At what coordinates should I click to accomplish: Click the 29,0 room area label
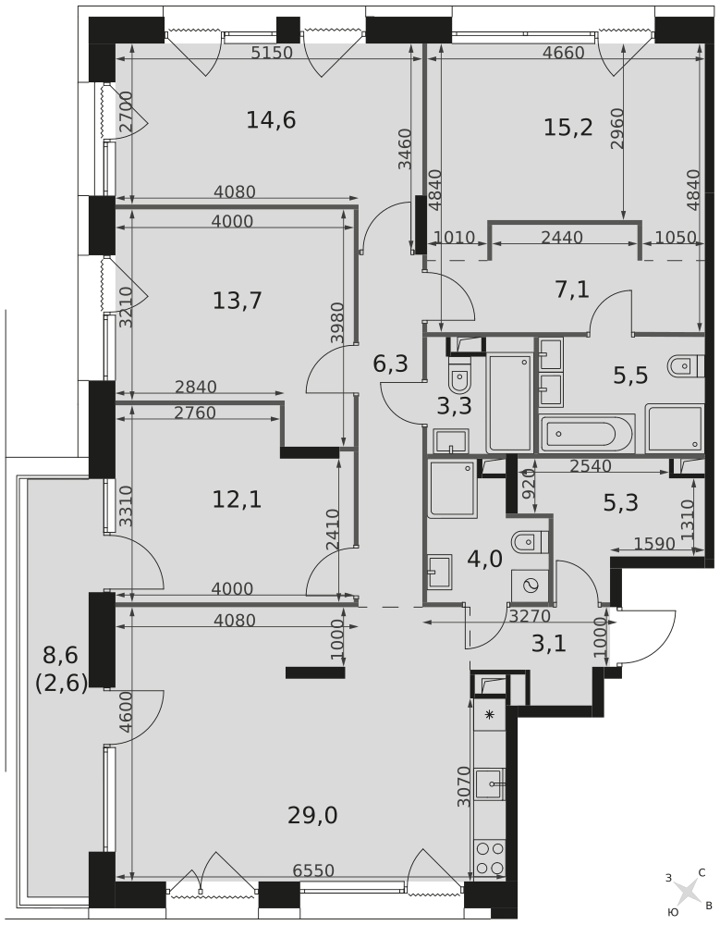pos(312,816)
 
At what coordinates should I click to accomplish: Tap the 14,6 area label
pos(271,120)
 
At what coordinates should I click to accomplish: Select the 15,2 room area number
pos(567,127)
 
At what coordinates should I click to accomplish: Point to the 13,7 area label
pos(237,301)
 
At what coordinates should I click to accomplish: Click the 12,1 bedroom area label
pos(237,500)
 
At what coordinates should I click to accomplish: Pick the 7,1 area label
pos(572,290)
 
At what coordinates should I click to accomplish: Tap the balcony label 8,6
pos(61,654)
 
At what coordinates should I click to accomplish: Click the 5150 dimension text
pos(272,53)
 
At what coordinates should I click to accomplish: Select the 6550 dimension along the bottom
pos(313,870)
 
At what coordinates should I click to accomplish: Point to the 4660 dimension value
pos(563,53)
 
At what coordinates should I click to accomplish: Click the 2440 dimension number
pos(561,237)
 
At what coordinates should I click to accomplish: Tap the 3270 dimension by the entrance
pos(529,616)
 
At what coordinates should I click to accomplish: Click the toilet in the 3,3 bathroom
pos(458,376)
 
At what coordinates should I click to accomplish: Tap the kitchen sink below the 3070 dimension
pos(490,783)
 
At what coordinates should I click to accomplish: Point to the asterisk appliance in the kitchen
pos(490,715)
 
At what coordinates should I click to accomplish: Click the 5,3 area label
pos(621,502)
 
